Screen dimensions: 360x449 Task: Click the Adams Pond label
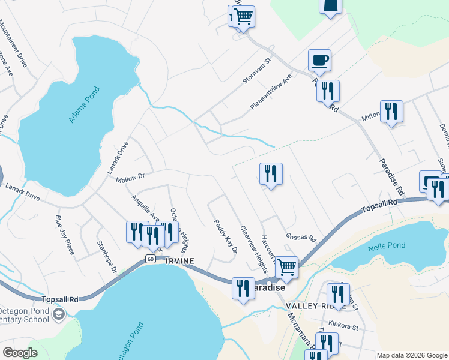point(84,105)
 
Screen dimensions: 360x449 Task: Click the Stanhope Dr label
point(107,257)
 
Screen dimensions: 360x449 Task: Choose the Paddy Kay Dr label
point(226,236)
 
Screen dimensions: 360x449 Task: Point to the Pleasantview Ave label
point(271,92)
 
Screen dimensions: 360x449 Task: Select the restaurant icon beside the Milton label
point(391,111)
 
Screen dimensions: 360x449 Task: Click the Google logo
point(20,353)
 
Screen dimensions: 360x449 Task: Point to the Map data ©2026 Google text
point(412,355)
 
